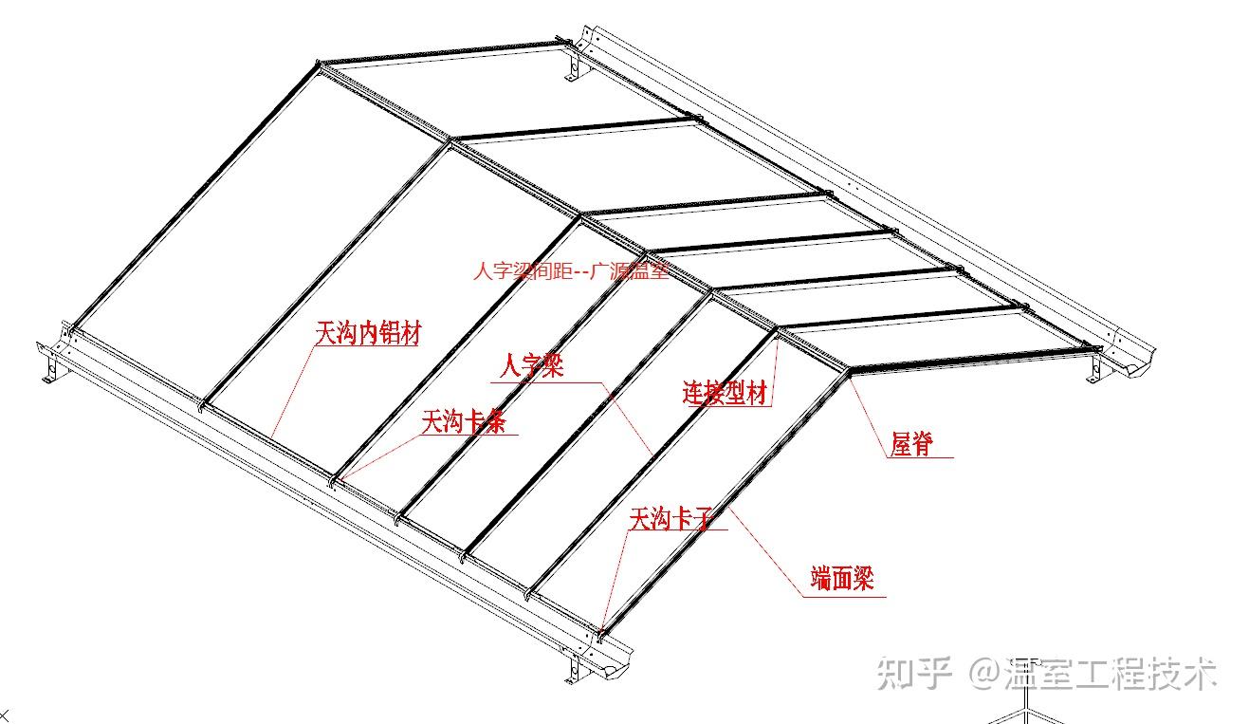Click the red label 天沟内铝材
pyautogui.click(x=368, y=334)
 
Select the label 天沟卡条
pyautogui.click(x=464, y=421)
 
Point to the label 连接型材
pyautogui.click(x=724, y=393)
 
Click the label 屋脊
pyautogui.click(x=911, y=443)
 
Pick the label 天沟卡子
pyautogui.click(x=670, y=518)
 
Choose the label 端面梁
pyautogui.click(x=841, y=578)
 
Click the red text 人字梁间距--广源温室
pyautogui.click(x=571, y=270)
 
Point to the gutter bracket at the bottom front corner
pyautogui.click(x=575, y=667)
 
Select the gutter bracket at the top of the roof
pyautogui.click(x=573, y=67)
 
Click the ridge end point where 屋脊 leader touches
pyautogui.click(x=848, y=373)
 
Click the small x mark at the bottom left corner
pyautogui.click(x=4, y=714)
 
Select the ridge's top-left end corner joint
pyautogui.click(x=320, y=66)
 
